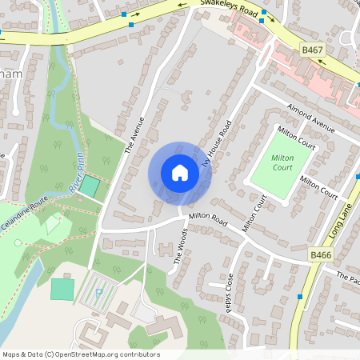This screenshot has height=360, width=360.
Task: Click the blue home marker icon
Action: click(x=180, y=173)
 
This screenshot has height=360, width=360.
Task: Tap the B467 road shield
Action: click(x=314, y=50)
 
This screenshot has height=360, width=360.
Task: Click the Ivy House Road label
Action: click(x=218, y=146)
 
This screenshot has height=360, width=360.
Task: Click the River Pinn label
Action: click(x=75, y=172)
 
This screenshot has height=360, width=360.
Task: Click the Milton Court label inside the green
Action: click(x=283, y=163)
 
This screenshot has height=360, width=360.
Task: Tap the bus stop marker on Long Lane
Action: click(x=300, y=297)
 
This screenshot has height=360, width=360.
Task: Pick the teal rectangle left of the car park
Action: click(x=61, y=289)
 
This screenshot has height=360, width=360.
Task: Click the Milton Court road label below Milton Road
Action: click(x=253, y=213)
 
